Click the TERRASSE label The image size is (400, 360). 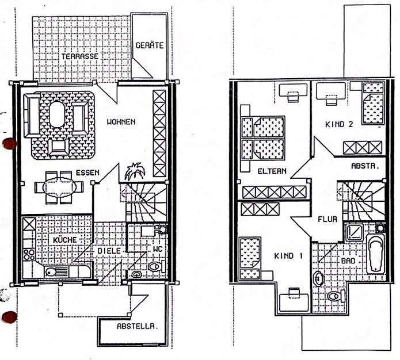coord(79,56)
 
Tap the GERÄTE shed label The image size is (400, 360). coord(150,45)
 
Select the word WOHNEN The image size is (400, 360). coord(121,122)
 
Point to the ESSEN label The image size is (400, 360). coord(87,173)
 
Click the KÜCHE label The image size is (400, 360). coord(65,239)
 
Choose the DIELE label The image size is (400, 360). coord(109,251)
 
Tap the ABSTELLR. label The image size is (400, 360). coord(136,326)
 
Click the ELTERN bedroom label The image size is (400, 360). coord(272,171)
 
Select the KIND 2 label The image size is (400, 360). coord(339,124)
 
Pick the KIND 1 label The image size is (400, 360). coord(288,256)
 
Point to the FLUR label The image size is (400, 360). coord(327,219)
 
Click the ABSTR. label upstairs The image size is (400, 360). coord(365,166)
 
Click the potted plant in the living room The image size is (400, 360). coord(135,171)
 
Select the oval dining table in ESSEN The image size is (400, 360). coord(59,187)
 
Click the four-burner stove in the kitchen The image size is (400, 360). coord(29,255)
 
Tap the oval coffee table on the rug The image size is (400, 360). coord(57,114)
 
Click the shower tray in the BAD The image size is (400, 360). coord(353,232)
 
